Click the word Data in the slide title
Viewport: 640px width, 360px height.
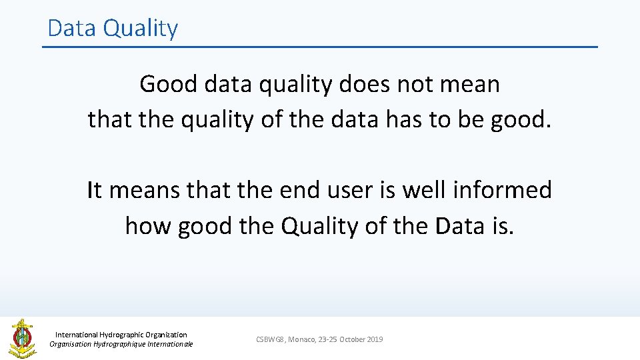point(71,28)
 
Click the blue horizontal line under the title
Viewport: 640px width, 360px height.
point(320,47)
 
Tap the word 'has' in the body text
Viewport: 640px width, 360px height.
point(405,119)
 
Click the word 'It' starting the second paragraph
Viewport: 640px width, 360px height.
point(94,190)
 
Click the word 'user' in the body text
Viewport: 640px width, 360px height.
point(343,190)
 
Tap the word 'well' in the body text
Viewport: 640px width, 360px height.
point(422,190)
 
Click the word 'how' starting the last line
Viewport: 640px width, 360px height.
point(147,226)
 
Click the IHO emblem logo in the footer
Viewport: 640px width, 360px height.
point(22,338)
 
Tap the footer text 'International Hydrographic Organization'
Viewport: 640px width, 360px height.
point(121,335)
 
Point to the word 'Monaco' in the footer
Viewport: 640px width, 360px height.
point(301,339)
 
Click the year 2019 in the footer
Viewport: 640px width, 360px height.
point(374,339)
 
